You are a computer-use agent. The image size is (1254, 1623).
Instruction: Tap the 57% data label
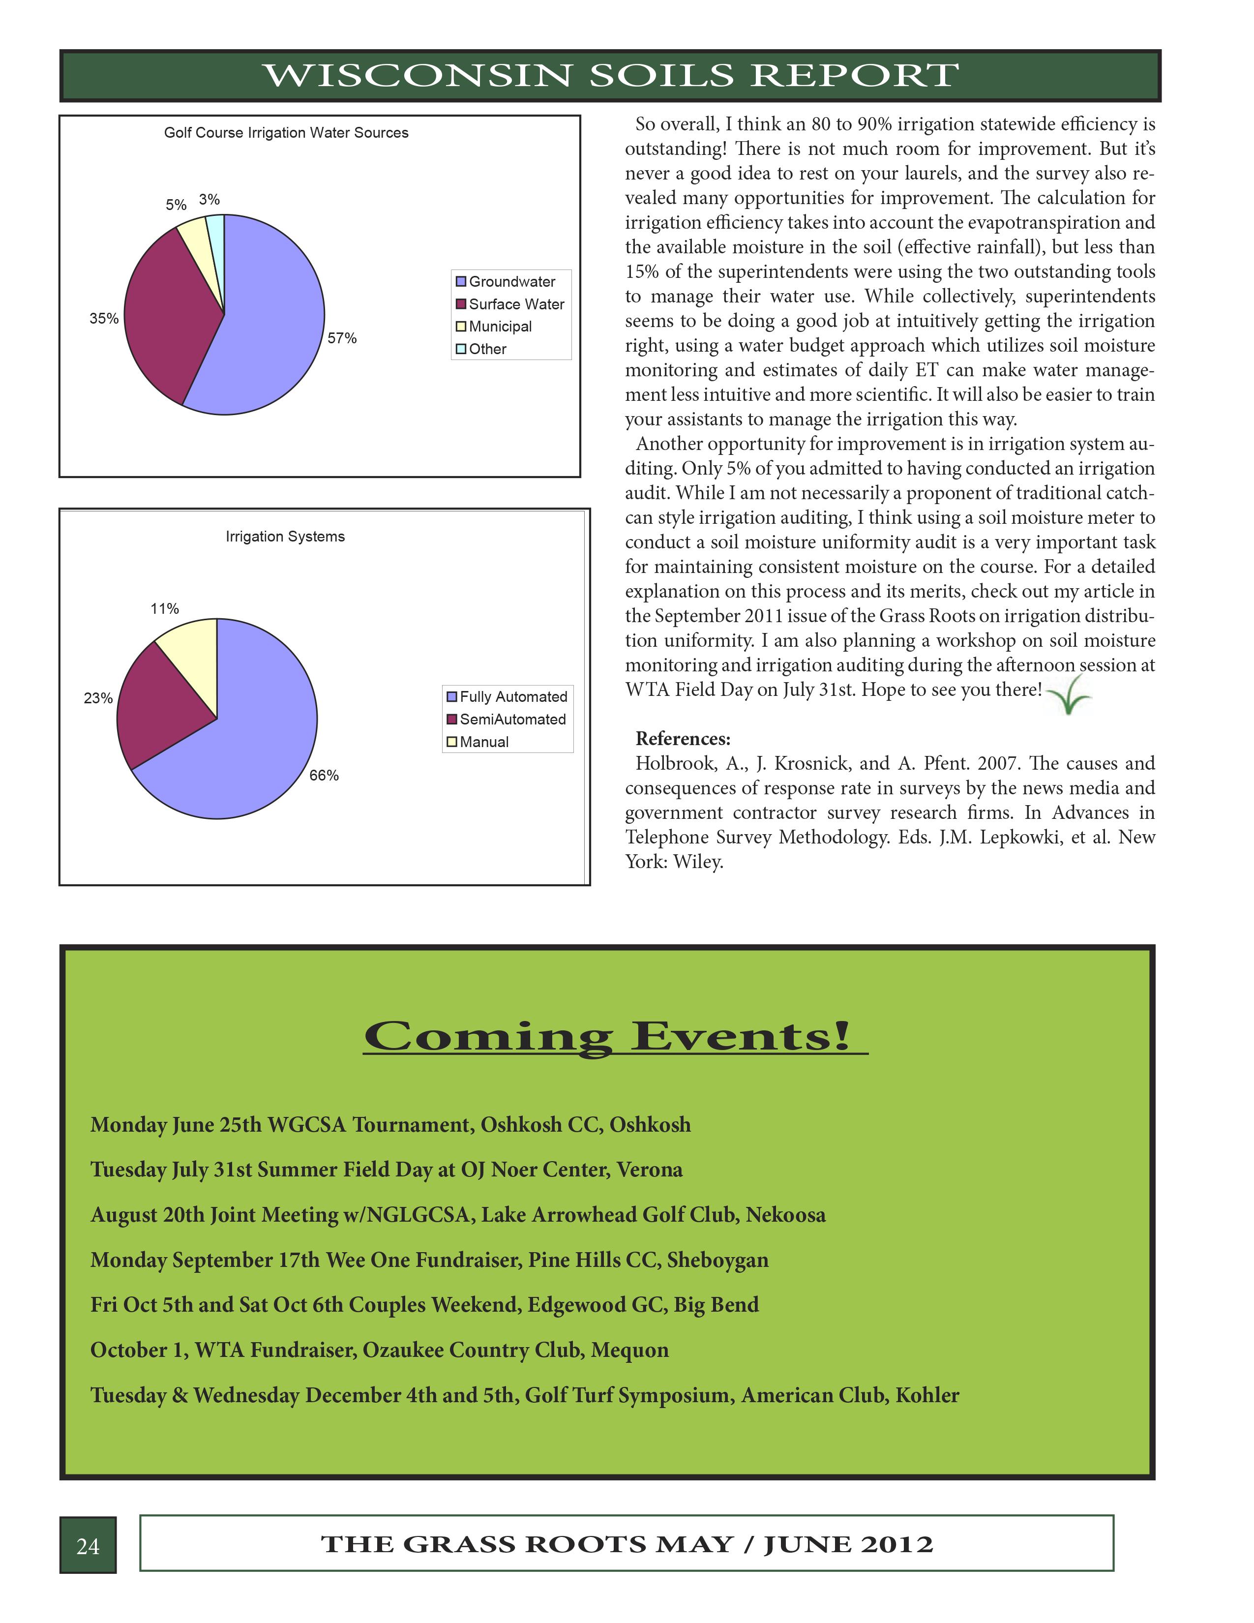[342, 338]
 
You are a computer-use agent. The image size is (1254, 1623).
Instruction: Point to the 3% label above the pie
[209, 199]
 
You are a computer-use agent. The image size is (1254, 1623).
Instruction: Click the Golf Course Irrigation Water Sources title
[286, 132]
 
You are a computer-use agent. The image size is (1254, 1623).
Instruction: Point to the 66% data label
[324, 775]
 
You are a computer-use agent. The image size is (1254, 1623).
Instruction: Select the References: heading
[683, 739]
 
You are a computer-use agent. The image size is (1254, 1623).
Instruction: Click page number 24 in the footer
[88, 1546]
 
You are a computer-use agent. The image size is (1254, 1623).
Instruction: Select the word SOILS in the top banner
[661, 76]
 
